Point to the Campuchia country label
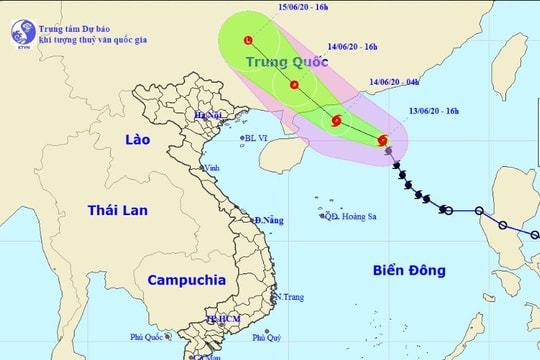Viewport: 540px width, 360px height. pos(186,280)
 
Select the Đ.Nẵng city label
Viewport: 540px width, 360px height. pos(270,219)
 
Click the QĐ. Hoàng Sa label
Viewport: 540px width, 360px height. pos(350,216)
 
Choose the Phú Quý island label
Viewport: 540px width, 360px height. pos(266,338)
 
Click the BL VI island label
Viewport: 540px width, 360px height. pos(263,139)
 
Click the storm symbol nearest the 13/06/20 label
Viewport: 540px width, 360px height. pos(385,141)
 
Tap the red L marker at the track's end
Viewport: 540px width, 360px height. pos(248,41)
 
